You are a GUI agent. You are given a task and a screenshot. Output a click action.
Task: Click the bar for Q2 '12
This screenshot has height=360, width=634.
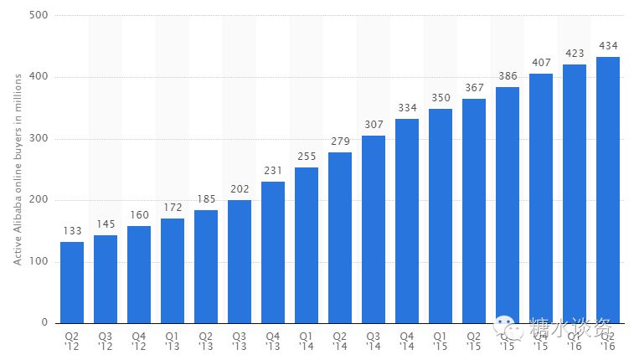tap(72, 282)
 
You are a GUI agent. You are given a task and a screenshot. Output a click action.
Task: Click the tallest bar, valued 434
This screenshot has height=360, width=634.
tap(608, 189)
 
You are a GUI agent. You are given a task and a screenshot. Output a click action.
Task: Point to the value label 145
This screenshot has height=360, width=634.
tap(106, 224)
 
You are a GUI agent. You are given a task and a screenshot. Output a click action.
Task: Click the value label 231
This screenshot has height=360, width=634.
tap(273, 171)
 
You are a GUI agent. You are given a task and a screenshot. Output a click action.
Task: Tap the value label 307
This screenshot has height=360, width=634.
tap(374, 124)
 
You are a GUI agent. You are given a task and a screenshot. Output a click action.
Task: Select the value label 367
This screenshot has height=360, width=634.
tap(474, 87)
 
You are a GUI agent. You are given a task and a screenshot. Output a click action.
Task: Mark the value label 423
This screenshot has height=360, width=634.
tap(575, 53)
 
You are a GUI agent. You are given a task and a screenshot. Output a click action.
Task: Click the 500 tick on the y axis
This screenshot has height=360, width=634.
tap(39, 16)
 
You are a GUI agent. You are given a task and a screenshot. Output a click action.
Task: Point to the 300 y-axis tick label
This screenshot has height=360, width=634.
tap(39, 139)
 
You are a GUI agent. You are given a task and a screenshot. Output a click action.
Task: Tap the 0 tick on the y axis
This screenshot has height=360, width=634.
tap(45, 323)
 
